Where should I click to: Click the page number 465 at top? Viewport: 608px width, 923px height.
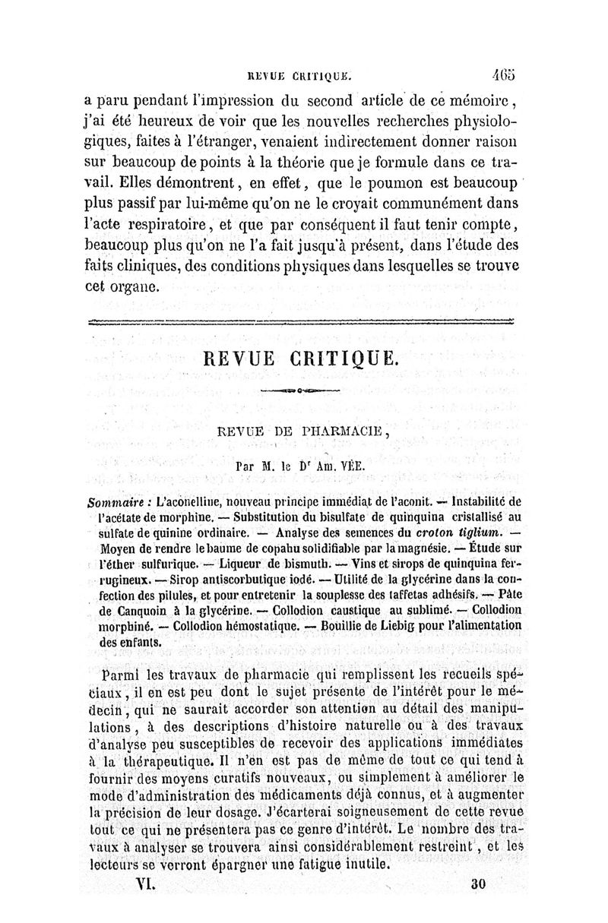pyautogui.click(x=503, y=75)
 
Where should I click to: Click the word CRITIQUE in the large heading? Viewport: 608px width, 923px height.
pyautogui.click(x=344, y=359)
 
